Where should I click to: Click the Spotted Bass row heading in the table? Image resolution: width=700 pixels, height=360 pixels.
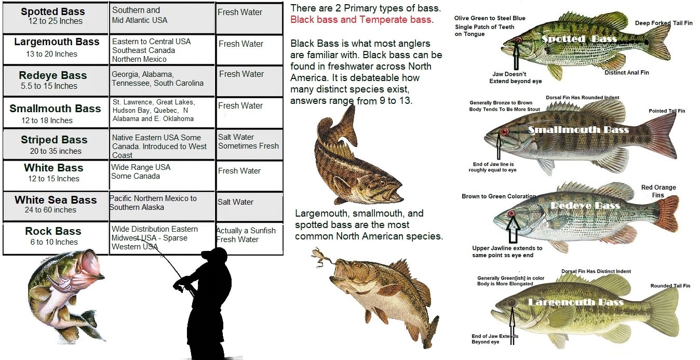pyautogui.click(x=53, y=11)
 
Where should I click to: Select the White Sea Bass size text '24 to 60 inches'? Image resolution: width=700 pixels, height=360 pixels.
pyautogui.click(x=50, y=210)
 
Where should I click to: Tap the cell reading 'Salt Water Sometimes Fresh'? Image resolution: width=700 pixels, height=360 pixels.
pyautogui.click(x=248, y=142)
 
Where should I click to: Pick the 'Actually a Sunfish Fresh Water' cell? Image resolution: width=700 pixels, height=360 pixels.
pyautogui.click(x=246, y=235)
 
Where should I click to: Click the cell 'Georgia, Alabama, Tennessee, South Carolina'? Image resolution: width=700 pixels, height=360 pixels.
pyautogui.click(x=157, y=79)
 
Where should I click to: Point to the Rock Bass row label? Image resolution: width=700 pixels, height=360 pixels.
pyautogui.click(x=53, y=231)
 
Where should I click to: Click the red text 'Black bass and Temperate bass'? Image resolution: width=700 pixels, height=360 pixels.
pyautogui.click(x=360, y=20)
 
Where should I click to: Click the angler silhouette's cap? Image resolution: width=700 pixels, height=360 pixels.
pyautogui.click(x=216, y=254)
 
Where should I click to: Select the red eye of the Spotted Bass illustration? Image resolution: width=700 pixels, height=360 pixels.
pyautogui.click(x=518, y=41)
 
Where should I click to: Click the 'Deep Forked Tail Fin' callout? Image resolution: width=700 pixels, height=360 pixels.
pyautogui.click(x=664, y=23)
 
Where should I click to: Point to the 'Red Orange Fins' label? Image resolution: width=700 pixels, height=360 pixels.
pyautogui.click(x=658, y=191)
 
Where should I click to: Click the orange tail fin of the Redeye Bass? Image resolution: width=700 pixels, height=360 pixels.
pyautogui.click(x=667, y=214)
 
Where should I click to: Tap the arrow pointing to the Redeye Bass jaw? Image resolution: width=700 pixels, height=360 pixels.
pyautogui.click(x=513, y=230)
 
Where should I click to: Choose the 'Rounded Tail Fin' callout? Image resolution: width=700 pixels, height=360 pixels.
pyautogui.click(x=670, y=286)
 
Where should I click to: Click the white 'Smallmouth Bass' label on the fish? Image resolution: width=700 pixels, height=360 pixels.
pyautogui.click(x=578, y=130)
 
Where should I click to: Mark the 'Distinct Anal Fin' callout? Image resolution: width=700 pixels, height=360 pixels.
pyautogui.click(x=627, y=73)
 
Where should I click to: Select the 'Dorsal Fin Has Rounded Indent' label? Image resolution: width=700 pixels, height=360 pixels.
pyautogui.click(x=583, y=98)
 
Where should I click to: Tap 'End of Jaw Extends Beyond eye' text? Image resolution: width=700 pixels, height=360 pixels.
pyautogui.click(x=495, y=339)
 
